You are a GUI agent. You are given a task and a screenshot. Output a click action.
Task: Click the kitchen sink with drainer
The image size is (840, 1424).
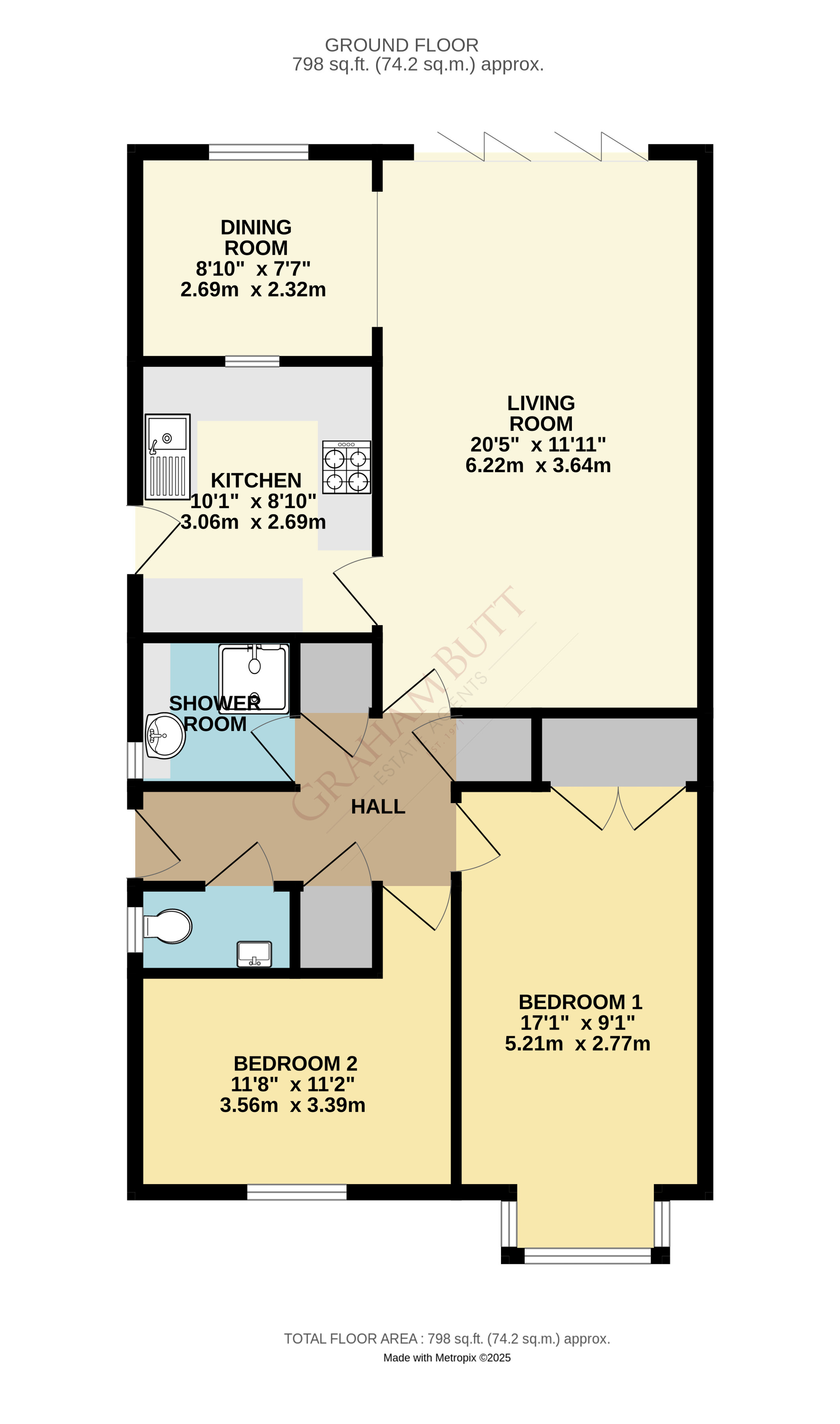(168, 456)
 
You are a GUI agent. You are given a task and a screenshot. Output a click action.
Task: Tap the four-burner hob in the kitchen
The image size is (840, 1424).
(346, 467)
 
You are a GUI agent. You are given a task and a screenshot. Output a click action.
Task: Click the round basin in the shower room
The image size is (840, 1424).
(165, 736)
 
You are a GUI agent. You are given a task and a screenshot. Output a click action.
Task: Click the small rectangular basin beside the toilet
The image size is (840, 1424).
(254, 954)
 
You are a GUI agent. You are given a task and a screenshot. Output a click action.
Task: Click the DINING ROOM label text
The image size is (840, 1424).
(256, 237)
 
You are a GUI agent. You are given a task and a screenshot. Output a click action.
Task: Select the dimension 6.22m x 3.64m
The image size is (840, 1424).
(538, 465)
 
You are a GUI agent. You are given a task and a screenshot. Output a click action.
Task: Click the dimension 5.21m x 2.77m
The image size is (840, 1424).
(577, 1043)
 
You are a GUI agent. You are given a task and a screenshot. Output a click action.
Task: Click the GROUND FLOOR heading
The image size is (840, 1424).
(401, 45)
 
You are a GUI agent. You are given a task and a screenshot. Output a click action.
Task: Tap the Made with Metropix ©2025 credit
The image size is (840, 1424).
(447, 1358)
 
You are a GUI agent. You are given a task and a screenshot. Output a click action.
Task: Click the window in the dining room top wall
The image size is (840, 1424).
(258, 152)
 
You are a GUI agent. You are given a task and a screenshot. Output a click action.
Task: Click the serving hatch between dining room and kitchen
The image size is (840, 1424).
(252, 361)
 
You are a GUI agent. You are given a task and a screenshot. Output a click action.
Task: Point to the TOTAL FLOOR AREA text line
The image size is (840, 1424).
(447, 1338)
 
